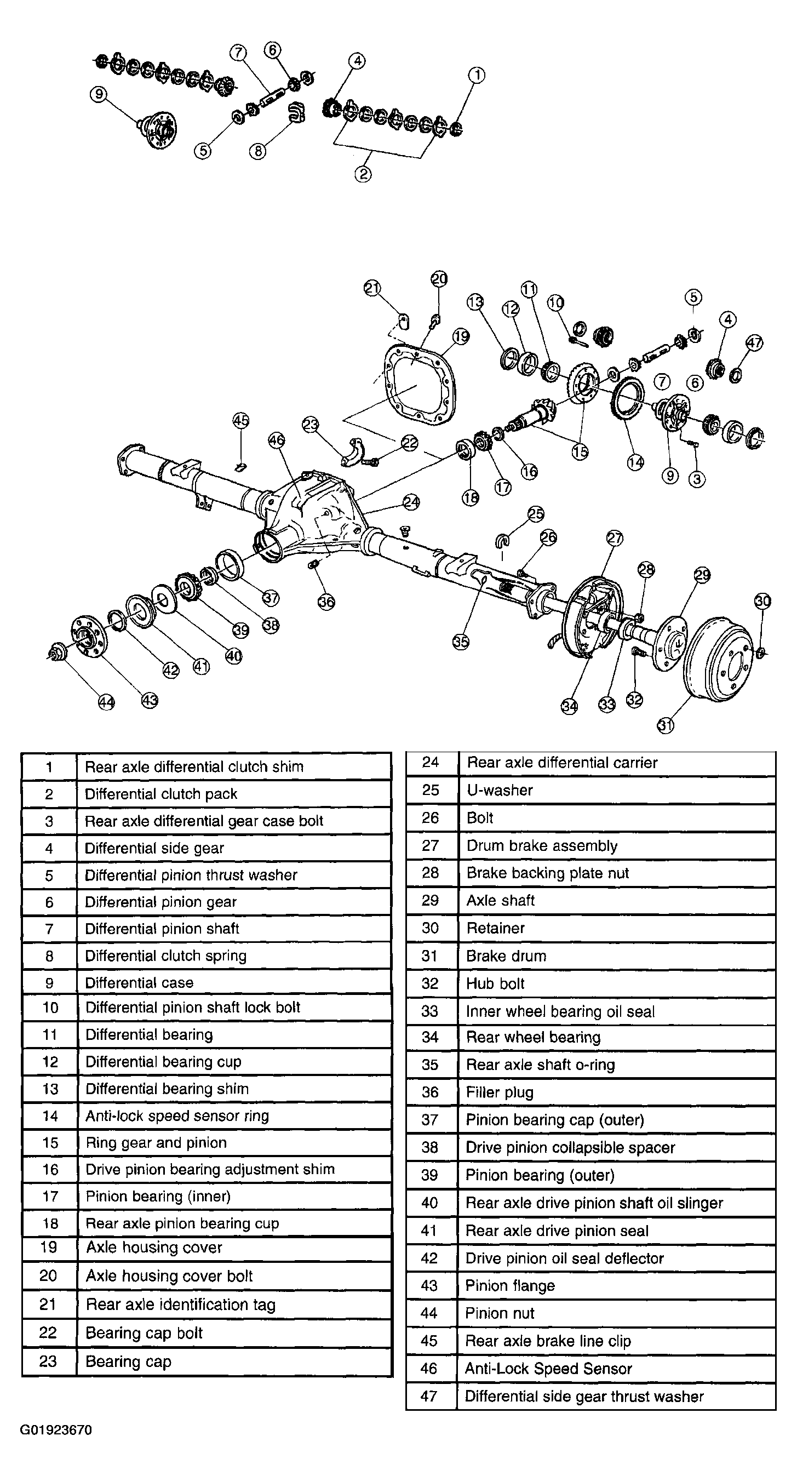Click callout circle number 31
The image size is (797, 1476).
pyautogui.click(x=665, y=725)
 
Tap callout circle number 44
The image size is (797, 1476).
pyautogui.click(x=107, y=702)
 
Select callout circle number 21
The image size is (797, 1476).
pyautogui.click(x=372, y=288)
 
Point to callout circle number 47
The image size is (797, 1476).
pyautogui.click(x=754, y=342)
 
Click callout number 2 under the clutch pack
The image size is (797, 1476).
pyautogui.click(x=363, y=173)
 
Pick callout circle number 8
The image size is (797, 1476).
pyautogui.click(x=258, y=151)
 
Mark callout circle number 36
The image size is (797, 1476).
pyautogui.click(x=326, y=602)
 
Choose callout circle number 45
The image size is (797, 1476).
pyautogui.click(x=241, y=421)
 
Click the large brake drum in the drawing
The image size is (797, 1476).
pyautogui.click(x=719, y=659)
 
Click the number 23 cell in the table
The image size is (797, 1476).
pyautogui.click(x=48, y=1361)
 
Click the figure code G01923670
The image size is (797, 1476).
pyautogui.click(x=56, y=1430)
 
